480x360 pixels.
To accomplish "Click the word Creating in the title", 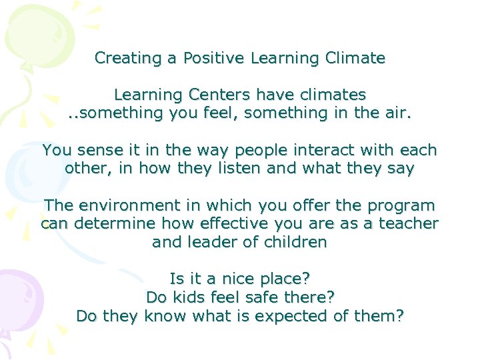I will click(x=129, y=58).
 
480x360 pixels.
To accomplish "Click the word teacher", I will click(x=409, y=223).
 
